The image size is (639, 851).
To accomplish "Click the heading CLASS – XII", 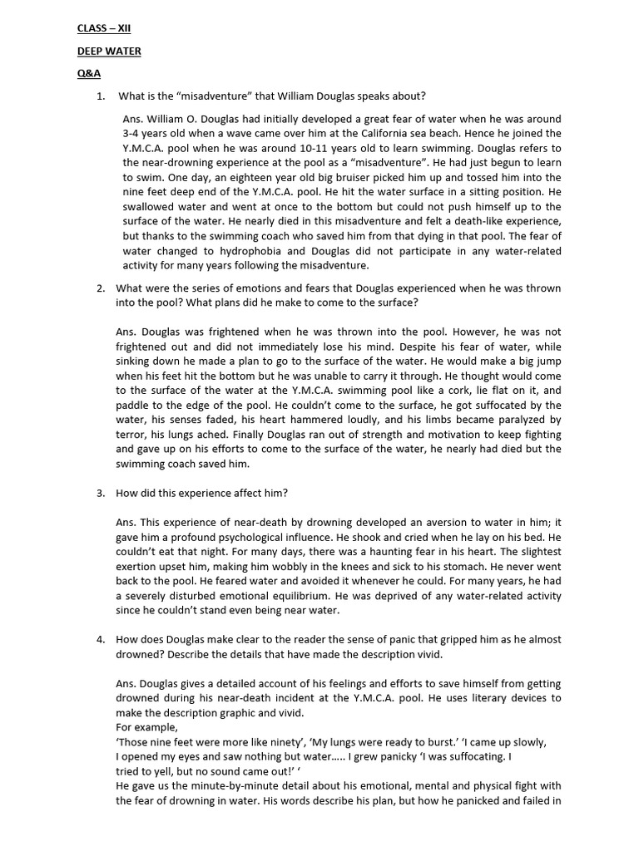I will (104, 28).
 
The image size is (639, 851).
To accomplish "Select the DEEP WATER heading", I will (109, 51).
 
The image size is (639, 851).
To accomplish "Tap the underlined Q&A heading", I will (89, 73).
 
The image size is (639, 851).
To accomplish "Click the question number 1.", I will (100, 96).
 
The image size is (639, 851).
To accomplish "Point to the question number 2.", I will (100, 288).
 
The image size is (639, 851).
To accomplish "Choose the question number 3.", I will (100, 493).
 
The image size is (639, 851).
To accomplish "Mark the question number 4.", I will (100, 640).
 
